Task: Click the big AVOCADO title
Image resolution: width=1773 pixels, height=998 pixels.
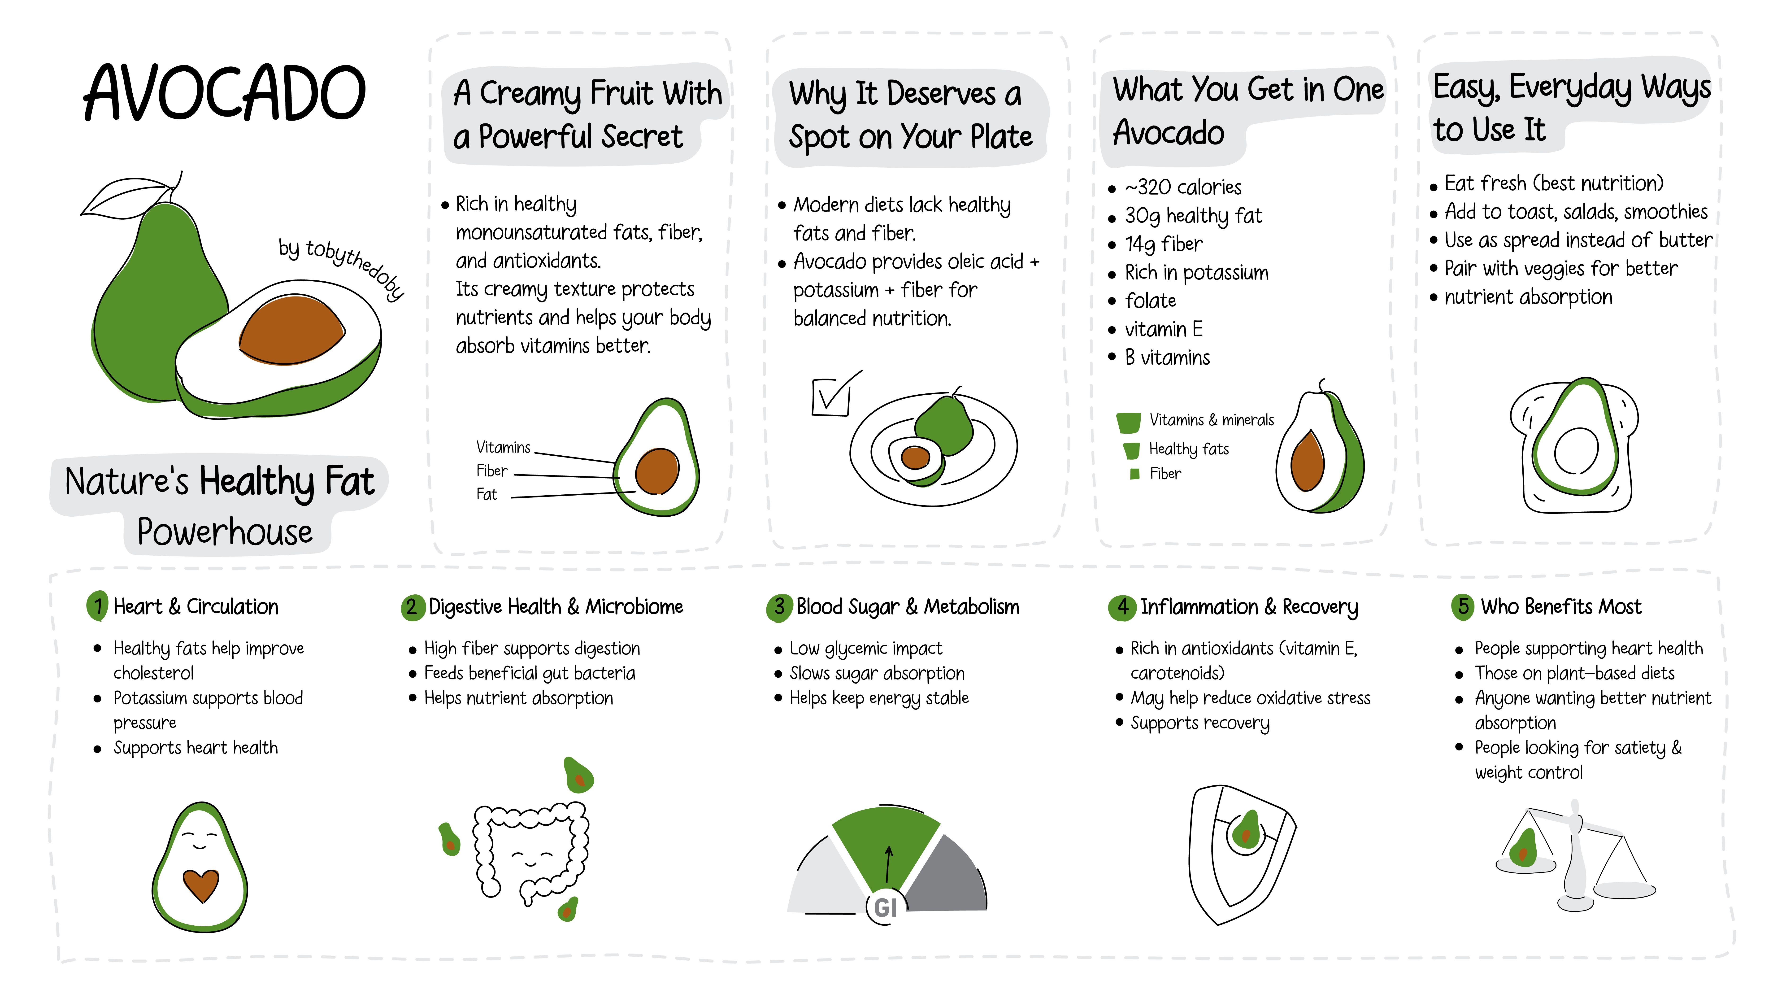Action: click(224, 93)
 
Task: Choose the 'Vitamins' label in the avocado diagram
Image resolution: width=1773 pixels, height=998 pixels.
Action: click(503, 447)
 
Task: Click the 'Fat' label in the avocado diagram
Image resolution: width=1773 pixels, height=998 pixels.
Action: click(487, 494)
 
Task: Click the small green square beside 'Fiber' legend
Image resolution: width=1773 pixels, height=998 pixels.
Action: click(1135, 474)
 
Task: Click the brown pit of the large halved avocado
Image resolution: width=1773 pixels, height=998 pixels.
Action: click(292, 329)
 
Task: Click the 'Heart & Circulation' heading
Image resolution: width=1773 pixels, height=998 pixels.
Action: click(196, 606)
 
